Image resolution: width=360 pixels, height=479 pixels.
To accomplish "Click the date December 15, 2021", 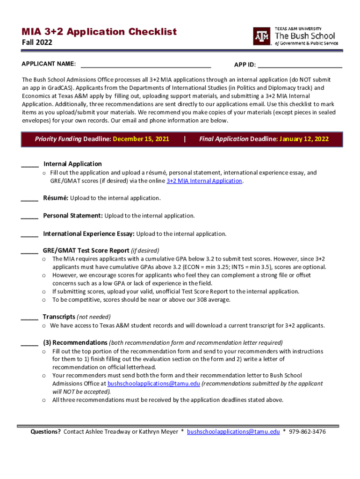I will tap(141, 139).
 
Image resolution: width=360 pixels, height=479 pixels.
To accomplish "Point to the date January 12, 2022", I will tap(304, 139).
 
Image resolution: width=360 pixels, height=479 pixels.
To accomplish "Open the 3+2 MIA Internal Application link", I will tap(204, 181).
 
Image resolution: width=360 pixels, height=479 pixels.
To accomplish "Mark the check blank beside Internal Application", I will tap(29, 165).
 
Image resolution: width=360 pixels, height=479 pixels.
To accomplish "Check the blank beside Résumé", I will tap(29, 199).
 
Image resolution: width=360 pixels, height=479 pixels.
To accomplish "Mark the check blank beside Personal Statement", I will tap(29, 217).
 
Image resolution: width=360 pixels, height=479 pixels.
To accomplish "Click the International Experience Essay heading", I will tap(89, 233).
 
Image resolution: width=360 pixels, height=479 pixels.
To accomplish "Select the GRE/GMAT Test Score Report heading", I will tap(86, 250).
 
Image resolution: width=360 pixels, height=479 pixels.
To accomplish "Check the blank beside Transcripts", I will tap(29, 318).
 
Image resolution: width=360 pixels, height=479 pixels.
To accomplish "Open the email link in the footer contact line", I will tap(233, 432).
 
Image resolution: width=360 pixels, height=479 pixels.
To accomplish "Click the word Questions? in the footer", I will tap(46, 432).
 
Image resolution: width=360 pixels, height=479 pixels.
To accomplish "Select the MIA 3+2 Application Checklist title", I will tap(99, 32).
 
